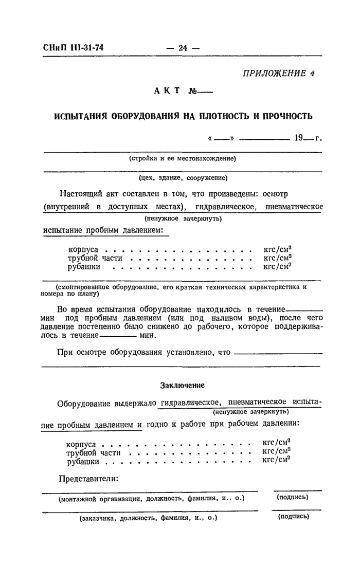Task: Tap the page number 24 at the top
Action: tap(182, 48)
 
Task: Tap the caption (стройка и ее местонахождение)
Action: tap(183, 158)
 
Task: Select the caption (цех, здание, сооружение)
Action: tap(183, 178)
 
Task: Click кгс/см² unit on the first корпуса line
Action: tap(278, 250)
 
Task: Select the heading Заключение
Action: tap(183, 385)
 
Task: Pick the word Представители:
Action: tap(89, 479)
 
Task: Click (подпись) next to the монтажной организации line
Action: tap(293, 498)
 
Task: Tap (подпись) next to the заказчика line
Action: tap(293, 517)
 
